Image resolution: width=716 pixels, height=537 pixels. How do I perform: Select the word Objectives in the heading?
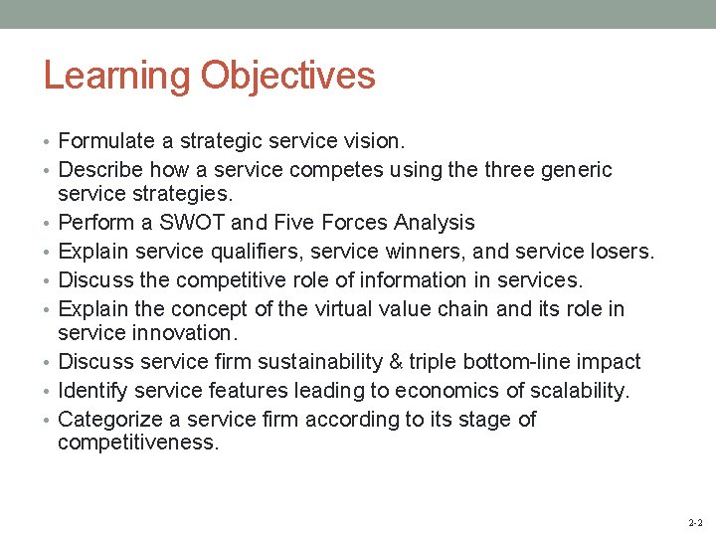click(x=287, y=77)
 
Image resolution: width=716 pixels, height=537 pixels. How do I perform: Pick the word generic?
click(x=576, y=170)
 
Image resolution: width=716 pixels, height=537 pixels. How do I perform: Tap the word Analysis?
click(x=435, y=222)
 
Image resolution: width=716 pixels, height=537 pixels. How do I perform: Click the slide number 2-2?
click(x=695, y=522)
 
